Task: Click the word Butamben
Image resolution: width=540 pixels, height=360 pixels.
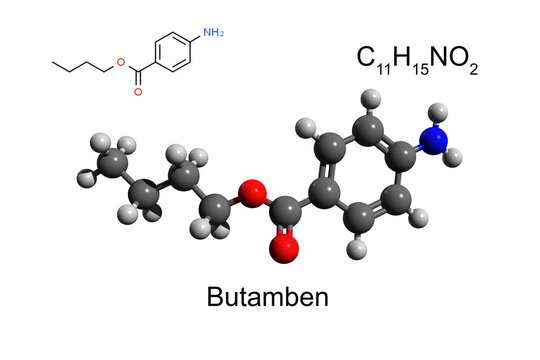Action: point(267,297)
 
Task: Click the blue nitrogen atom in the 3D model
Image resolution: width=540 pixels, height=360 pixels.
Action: point(434,140)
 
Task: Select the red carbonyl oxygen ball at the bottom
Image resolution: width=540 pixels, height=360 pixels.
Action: point(285,246)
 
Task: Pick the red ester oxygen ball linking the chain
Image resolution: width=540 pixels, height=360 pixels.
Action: point(253,190)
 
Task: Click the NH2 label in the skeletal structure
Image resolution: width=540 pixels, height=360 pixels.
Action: point(213,33)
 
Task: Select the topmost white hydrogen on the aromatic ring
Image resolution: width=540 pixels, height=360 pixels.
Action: point(371,98)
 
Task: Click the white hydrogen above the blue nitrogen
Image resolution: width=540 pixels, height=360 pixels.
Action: point(434,111)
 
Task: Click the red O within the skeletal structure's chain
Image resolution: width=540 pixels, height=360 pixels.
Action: point(121,65)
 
